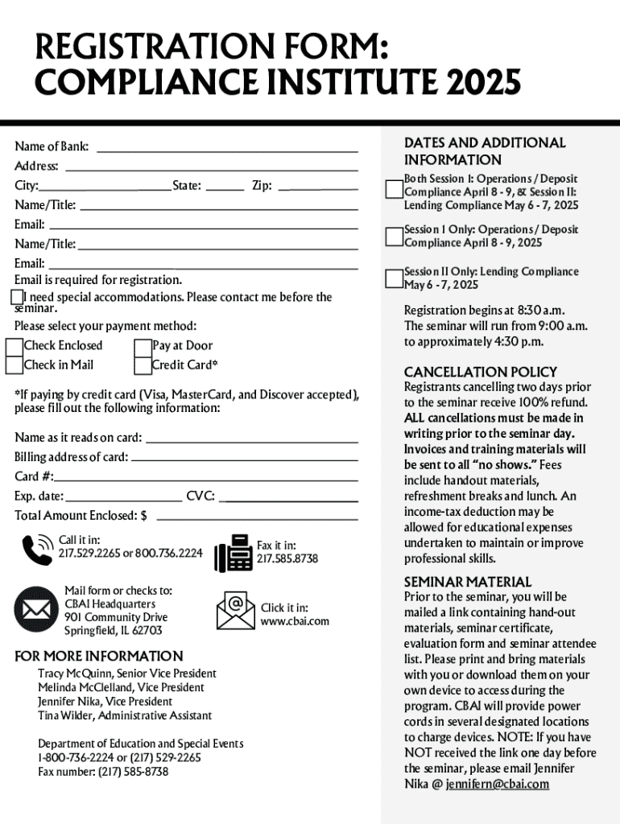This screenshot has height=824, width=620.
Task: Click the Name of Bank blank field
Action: pyautogui.click(x=226, y=147)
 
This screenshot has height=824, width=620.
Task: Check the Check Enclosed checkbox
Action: pyautogui.click(x=14, y=346)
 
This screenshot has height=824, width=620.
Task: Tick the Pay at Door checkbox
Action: pyautogui.click(x=143, y=346)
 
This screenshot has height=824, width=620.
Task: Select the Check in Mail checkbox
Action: pyautogui.click(x=14, y=365)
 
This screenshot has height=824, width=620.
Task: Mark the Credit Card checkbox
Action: pyautogui.click(x=143, y=365)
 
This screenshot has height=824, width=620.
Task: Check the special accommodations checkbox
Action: pyautogui.click(x=17, y=298)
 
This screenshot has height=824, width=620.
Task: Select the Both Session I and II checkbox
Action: pyautogui.click(x=394, y=190)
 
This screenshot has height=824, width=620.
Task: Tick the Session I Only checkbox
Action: pyautogui.click(x=394, y=237)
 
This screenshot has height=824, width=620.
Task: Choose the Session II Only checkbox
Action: pyautogui.click(x=394, y=278)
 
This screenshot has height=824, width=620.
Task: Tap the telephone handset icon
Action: pyautogui.click(x=37, y=550)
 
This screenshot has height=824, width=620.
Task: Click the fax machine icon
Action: pyautogui.click(x=233, y=553)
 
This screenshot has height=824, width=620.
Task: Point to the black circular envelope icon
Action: pyautogui.click(x=35, y=608)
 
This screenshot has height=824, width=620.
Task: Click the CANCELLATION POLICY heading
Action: pyautogui.click(x=480, y=372)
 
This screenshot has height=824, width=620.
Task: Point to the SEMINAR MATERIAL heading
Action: pyautogui.click(x=467, y=582)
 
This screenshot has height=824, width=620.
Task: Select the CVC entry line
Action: pyautogui.click(x=288, y=496)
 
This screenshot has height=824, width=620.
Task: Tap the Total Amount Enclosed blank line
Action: pyautogui.click(x=257, y=516)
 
